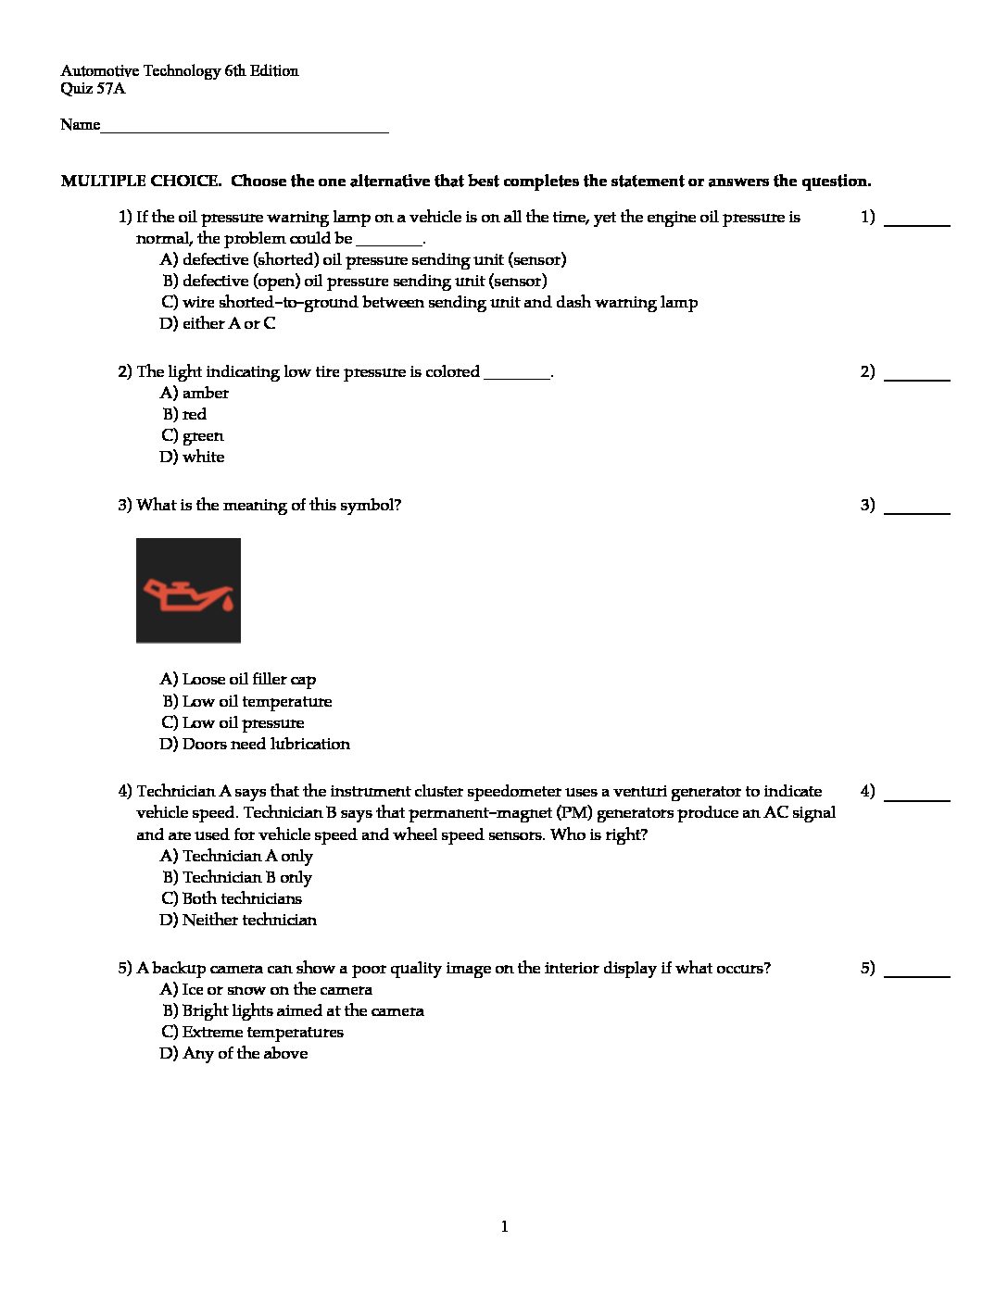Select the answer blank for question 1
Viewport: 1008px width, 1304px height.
click(916, 223)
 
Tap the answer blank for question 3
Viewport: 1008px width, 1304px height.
click(916, 510)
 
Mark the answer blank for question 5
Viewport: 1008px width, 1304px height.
click(916, 974)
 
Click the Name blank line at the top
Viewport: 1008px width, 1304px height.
click(245, 130)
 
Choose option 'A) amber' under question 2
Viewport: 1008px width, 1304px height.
click(195, 394)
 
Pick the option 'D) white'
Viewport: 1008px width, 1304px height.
click(193, 458)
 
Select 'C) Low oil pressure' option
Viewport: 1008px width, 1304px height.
click(233, 723)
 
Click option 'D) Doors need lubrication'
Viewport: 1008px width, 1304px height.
click(255, 745)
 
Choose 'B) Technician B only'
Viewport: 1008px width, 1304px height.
click(237, 878)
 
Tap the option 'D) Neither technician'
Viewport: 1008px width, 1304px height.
click(238, 921)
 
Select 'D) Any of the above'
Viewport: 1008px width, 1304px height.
click(233, 1054)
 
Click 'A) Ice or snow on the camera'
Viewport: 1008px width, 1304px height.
click(266, 990)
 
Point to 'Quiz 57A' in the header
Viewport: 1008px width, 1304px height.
click(93, 90)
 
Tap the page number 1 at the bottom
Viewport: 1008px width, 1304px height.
click(504, 1227)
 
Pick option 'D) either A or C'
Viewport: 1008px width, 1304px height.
click(218, 324)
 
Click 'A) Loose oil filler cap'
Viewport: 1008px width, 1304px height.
click(238, 680)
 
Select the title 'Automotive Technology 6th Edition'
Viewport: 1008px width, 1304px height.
click(180, 71)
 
